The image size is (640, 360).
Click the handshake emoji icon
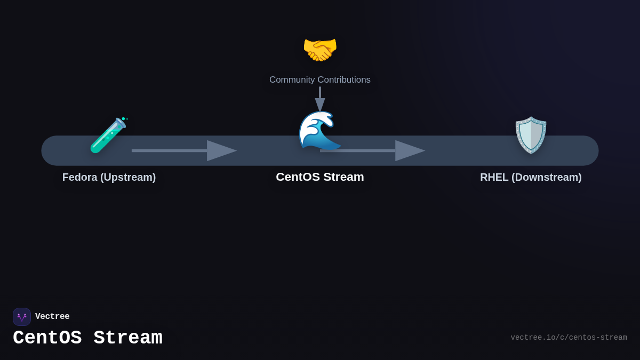point(320,50)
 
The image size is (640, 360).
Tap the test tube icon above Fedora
point(108,135)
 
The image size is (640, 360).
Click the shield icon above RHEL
point(531,135)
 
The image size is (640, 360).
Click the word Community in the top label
point(292,80)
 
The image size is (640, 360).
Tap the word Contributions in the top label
point(344,80)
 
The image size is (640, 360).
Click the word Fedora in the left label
point(80,177)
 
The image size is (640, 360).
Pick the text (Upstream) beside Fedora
point(128,177)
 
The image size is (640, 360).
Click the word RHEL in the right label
point(494,177)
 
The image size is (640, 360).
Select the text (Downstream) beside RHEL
point(546,177)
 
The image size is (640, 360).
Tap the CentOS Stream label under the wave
point(320,177)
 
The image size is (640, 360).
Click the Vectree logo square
point(22,317)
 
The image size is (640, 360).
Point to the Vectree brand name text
point(52,317)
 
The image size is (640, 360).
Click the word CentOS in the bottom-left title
point(47,338)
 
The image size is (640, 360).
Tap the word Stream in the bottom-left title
point(128,338)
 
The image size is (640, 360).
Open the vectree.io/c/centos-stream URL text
point(569,338)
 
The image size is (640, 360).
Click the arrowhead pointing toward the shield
point(409,150)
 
